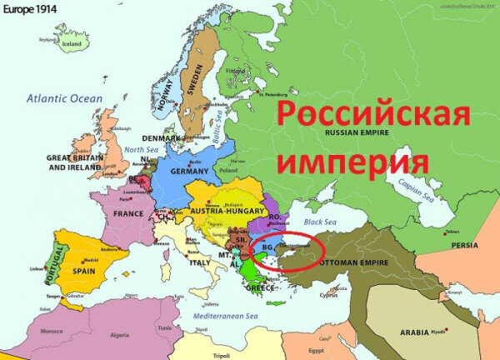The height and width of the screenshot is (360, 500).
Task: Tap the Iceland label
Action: point(72,43)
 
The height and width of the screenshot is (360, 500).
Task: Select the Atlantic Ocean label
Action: point(63,98)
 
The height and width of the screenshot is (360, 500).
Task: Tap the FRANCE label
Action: point(129,214)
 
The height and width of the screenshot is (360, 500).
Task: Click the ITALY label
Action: point(201,262)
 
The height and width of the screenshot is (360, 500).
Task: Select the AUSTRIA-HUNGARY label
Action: point(230,212)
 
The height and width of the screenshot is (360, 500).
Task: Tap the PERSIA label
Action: point(465,245)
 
